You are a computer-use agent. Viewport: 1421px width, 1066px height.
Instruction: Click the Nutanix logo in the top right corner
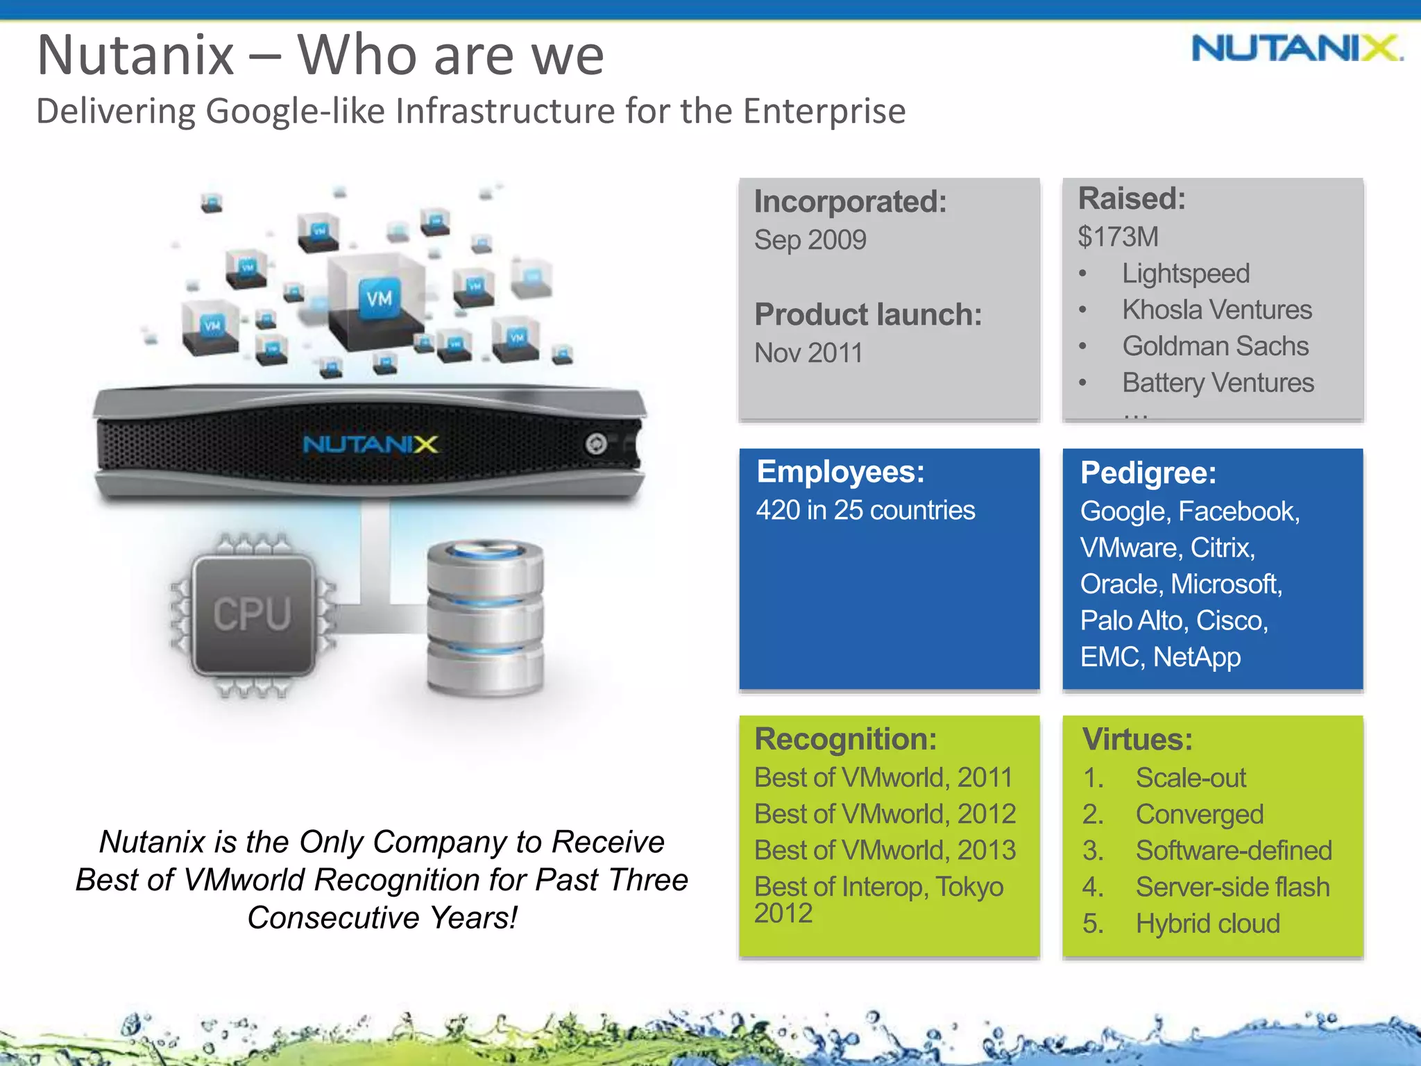pyautogui.click(x=1296, y=49)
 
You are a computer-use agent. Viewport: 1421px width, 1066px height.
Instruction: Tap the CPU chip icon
pyautogui.click(x=253, y=615)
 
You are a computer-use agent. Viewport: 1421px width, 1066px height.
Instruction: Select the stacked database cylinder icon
pyautogui.click(x=485, y=617)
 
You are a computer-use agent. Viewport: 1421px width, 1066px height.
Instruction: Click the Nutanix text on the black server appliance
pyautogui.click(x=370, y=444)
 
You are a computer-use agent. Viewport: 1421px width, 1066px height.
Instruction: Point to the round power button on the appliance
pyautogui.click(x=595, y=443)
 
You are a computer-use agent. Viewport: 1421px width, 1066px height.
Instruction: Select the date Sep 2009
pyautogui.click(x=810, y=240)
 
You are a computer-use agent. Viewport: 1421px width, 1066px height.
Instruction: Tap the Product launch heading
pyautogui.click(x=867, y=314)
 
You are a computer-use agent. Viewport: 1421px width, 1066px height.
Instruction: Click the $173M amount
pyautogui.click(x=1117, y=237)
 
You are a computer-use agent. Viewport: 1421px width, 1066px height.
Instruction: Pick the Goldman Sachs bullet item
pyautogui.click(x=1215, y=346)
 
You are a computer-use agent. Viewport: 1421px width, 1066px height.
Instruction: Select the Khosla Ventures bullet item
pyautogui.click(x=1216, y=310)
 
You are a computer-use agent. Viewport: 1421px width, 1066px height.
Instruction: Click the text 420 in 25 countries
pyautogui.click(x=865, y=510)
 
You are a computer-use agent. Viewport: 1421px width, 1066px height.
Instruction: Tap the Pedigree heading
pyautogui.click(x=1148, y=473)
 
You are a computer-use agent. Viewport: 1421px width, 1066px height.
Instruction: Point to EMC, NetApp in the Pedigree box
pyautogui.click(x=1160, y=657)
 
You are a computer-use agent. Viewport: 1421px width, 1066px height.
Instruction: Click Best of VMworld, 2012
pyautogui.click(x=885, y=813)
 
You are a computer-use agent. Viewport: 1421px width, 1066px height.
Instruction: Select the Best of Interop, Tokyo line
pyautogui.click(x=878, y=887)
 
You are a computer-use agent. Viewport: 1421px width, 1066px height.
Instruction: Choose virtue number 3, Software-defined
pyautogui.click(x=1233, y=850)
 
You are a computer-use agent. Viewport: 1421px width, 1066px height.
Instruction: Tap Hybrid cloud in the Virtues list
pyautogui.click(x=1207, y=923)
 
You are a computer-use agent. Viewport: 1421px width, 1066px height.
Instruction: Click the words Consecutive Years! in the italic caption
pyautogui.click(x=382, y=917)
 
